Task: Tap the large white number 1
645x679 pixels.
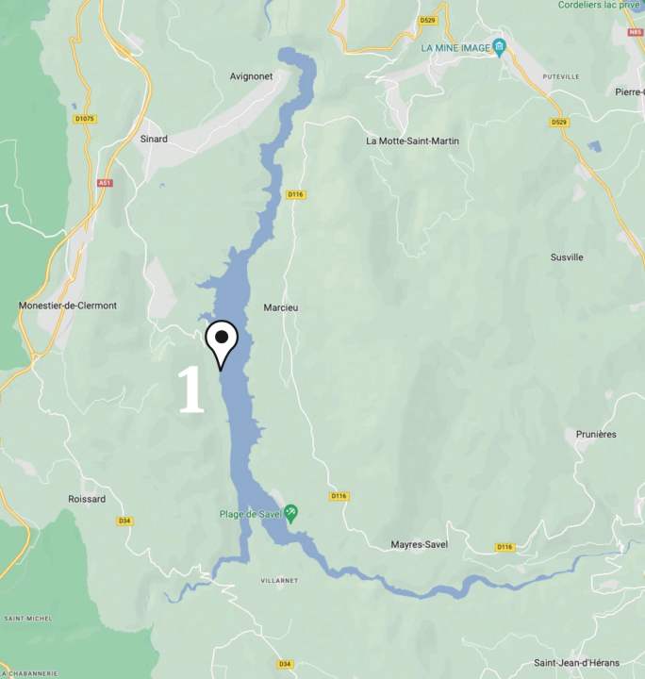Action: tap(191, 389)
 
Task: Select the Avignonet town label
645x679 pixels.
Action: tap(251, 76)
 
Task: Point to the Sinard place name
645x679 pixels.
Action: tap(153, 139)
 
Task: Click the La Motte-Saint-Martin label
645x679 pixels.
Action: tap(412, 141)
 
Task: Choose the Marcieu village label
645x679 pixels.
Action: tap(281, 308)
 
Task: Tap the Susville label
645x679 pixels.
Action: tap(567, 257)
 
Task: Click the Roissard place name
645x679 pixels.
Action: tap(87, 499)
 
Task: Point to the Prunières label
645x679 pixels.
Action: tap(595, 434)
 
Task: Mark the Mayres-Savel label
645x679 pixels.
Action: tap(420, 544)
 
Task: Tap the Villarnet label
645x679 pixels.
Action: tap(279, 580)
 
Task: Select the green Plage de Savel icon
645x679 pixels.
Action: tap(291, 512)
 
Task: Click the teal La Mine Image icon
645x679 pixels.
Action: tap(500, 48)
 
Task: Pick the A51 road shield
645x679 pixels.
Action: tap(104, 183)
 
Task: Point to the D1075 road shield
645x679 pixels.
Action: tap(85, 119)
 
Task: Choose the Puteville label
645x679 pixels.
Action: tap(560, 75)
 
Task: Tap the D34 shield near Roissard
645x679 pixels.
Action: tap(124, 521)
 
